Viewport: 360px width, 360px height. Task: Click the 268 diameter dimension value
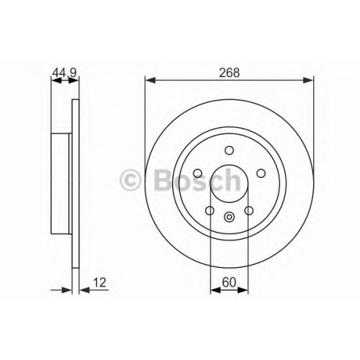pyautogui.click(x=230, y=73)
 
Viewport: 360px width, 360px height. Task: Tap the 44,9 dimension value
pyautogui.click(x=64, y=73)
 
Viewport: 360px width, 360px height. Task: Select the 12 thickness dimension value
pyautogui.click(x=99, y=282)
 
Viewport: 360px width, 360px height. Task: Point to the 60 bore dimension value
pyautogui.click(x=229, y=282)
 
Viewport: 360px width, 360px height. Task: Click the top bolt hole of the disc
pyautogui.click(x=229, y=150)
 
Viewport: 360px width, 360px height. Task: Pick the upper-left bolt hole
pyautogui.click(x=198, y=173)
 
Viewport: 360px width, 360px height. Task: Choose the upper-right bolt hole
pyautogui.click(x=261, y=173)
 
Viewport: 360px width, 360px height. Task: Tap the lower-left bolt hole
pyautogui.click(x=210, y=210)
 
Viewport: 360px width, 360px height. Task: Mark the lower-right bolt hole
pyautogui.click(x=248, y=210)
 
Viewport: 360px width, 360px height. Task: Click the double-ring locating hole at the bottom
pyautogui.click(x=229, y=217)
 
